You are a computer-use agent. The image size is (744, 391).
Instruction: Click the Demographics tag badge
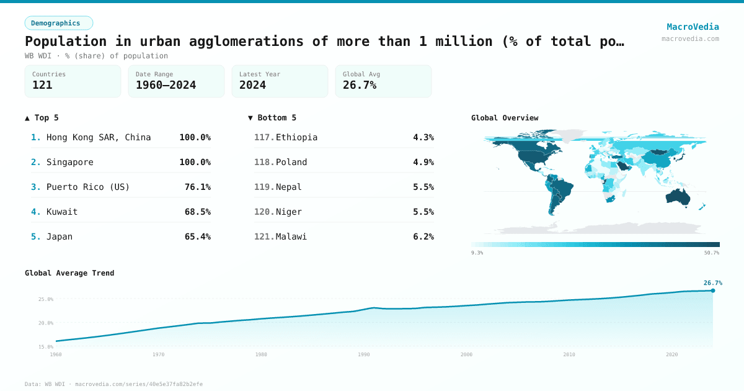pyautogui.click(x=58, y=23)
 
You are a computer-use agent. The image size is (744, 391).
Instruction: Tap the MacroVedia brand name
pyautogui.click(x=693, y=27)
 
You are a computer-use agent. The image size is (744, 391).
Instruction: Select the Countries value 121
pyautogui.click(x=42, y=85)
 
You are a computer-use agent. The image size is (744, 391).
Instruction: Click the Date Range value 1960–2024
pyautogui.click(x=166, y=85)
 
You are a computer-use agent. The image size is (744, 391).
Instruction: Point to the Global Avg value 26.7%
pyautogui.click(x=360, y=85)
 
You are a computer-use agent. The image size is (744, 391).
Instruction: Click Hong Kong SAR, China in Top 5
pyautogui.click(x=99, y=137)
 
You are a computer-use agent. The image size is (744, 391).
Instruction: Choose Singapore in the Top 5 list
pyautogui.click(x=70, y=162)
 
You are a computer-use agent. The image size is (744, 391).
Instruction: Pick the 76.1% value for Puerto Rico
pyautogui.click(x=197, y=187)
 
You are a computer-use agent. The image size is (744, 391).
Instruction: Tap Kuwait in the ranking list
pyautogui.click(x=62, y=212)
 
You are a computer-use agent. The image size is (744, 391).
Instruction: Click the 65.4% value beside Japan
pyautogui.click(x=197, y=236)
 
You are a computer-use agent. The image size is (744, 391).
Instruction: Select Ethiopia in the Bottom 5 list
pyautogui.click(x=296, y=137)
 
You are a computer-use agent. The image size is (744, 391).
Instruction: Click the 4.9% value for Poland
pyautogui.click(x=423, y=162)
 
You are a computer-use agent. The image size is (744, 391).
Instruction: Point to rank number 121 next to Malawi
pyautogui.click(x=264, y=236)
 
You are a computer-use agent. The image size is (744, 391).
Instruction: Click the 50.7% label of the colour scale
pyautogui.click(x=711, y=253)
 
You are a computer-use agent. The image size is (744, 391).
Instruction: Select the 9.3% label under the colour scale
pyautogui.click(x=477, y=253)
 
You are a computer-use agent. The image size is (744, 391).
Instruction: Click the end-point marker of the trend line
pyautogui.click(x=712, y=290)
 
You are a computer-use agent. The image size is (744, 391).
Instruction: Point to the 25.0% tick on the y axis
pyautogui.click(x=46, y=299)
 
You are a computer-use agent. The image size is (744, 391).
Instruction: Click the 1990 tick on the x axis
pyautogui.click(x=363, y=354)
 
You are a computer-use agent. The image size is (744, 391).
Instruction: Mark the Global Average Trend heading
pyautogui.click(x=69, y=273)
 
